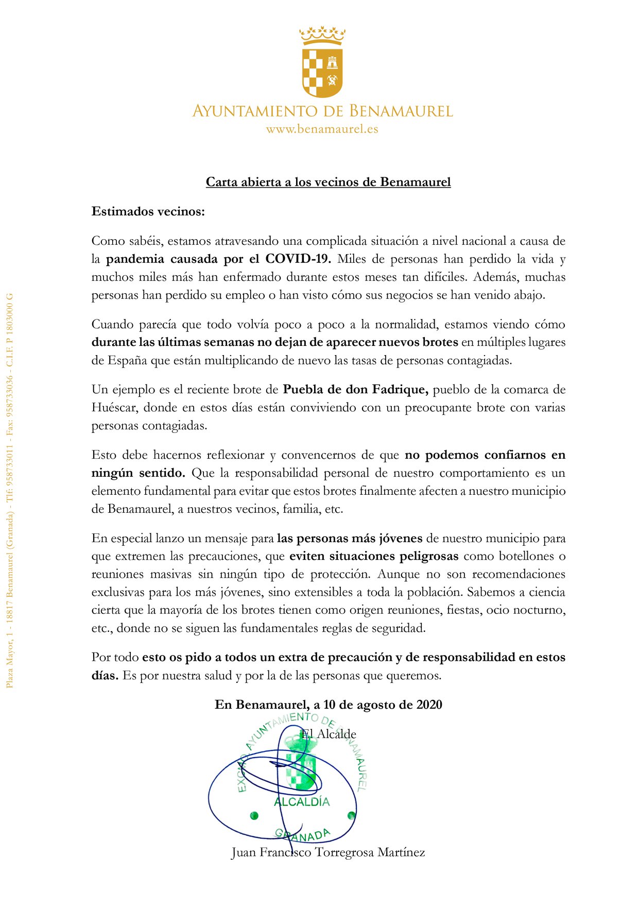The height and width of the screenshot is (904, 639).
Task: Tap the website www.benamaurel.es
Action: (322, 129)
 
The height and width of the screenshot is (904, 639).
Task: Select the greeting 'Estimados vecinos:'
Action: (148, 211)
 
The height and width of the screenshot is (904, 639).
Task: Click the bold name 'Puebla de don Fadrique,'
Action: (356, 390)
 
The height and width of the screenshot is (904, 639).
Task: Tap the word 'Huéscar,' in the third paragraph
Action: (114, 408)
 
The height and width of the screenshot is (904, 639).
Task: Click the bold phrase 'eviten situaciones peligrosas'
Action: (374, 556)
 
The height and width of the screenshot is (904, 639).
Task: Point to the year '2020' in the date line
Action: (429, 705)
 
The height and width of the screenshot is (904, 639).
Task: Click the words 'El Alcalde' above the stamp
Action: (329, 734)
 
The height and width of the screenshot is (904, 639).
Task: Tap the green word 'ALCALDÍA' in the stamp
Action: (302, 802)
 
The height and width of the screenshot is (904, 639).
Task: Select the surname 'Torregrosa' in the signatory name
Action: (343, 852)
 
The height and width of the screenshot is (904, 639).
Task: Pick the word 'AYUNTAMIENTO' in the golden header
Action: (255, 111)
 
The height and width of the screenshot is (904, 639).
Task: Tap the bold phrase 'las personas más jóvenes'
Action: (350, 539)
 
